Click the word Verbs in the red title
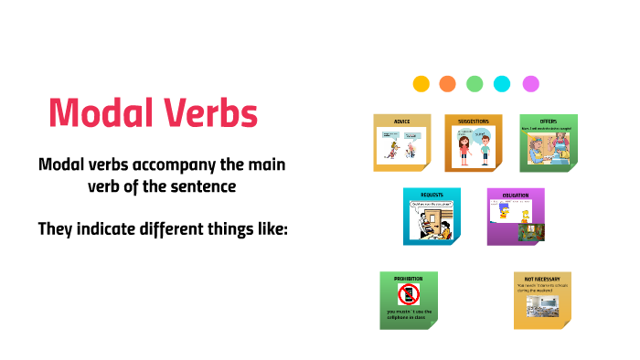pos(208,113)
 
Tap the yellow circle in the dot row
pos(421,83)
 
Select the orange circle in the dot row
pos(447,83)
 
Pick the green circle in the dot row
pos(475,83)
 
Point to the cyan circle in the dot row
pos(502,83)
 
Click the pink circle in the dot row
pos(530,83)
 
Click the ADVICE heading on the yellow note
pos(402,121)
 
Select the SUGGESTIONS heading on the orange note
pos(474,121)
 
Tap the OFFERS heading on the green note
pos(548,121)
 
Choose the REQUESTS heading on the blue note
pos(432,195)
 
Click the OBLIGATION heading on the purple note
pos(516,195)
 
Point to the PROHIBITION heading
pos(408,278)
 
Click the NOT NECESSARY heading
pos(542,278)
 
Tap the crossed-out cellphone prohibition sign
pos(408,295)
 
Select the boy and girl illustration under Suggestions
pos(474,146)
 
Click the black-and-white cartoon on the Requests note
pos(432,221)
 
